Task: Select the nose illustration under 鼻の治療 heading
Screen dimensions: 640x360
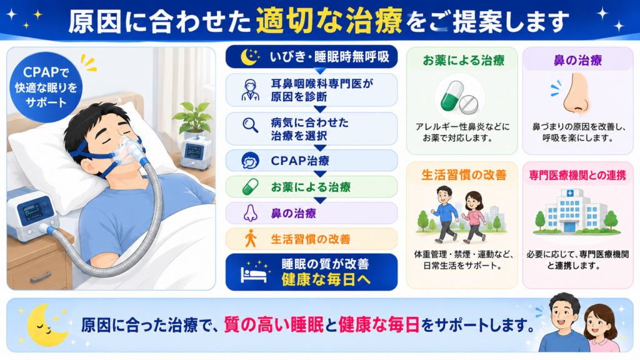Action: click(577, 94)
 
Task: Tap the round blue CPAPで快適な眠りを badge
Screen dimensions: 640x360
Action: click(46, 87)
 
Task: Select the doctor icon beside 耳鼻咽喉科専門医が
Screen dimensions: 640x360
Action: click(250, 90)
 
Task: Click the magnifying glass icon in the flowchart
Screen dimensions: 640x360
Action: click(250, 125)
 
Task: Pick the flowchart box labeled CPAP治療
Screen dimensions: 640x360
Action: click(311, 161)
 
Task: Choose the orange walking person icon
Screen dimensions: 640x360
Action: click(251, 239)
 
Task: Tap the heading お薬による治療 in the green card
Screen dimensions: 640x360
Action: click(463, 61)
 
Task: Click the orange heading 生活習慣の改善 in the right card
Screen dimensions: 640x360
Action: click(464, 175)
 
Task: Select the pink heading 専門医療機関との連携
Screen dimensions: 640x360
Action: click(577, 176)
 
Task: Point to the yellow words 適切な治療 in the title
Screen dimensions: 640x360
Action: click(329, 21)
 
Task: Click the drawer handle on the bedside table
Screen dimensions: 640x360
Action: click(41, 277)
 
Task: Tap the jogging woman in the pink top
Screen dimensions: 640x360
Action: click(474, 217)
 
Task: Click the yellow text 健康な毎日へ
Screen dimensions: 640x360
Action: click(326, 280)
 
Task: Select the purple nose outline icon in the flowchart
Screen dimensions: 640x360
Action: click(250, 213)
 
